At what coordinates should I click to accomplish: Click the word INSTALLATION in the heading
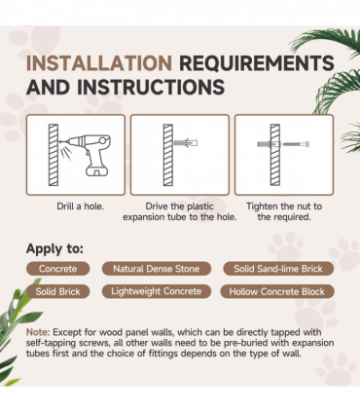coord(99,62)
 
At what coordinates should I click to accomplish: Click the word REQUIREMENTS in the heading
coord(257,62)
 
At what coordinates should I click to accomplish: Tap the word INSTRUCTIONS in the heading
coord(151,87)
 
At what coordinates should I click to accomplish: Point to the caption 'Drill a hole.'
coord(80,206)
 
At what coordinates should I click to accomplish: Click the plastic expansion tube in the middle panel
coord(186,142)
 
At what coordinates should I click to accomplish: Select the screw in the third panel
coord(295,144)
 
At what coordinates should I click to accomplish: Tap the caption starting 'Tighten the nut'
coord(284,211)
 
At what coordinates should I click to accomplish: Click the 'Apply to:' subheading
coord(54,248)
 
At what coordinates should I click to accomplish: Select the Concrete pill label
coord(57,269)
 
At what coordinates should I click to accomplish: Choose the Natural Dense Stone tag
coord(157,269)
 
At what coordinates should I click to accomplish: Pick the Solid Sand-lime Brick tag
coord(278,269)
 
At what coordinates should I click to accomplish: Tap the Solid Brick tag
coord(57,291)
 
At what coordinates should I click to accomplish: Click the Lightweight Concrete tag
coord(157,291)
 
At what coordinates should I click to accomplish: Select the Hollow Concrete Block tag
coord(277,291)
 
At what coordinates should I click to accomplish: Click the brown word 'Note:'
coord(38,332)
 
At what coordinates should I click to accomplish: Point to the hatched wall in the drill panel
coord(54,155)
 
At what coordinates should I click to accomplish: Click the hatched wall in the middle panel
coord(168,155)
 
